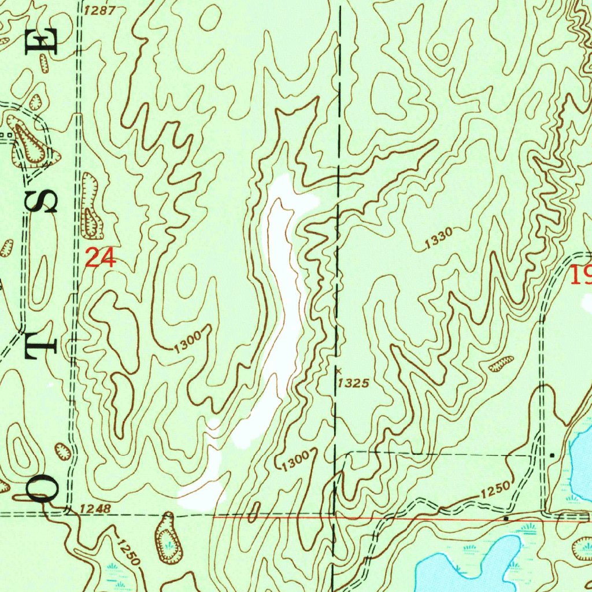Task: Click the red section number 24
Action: click(101, 257)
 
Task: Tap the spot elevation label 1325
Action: click(353, 383)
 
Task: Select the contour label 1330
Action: click(438, 239)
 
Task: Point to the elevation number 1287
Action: click(99, 10)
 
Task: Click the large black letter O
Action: click(43, 486)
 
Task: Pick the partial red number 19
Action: click(580, 275)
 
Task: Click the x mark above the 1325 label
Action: click(339, 370)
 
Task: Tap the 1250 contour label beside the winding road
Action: click(494, 491)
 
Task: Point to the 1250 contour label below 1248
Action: click(127, 552)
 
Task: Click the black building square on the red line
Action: click(506, 519)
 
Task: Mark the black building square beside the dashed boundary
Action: click(553, 455)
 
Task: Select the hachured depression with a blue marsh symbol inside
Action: click(168, 539)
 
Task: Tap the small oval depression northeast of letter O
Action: click(62, 452)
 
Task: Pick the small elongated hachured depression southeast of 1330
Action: click(501, 364)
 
